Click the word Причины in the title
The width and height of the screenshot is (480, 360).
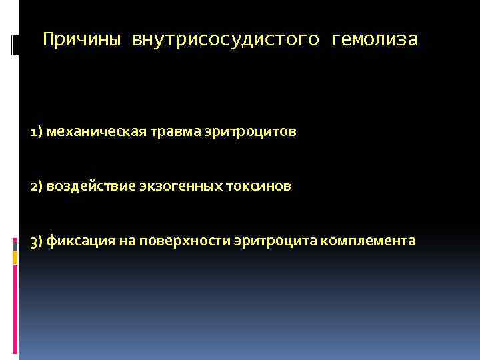[82, 41]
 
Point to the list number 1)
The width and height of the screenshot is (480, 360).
[37, 132]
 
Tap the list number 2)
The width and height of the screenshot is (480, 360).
[37, 187]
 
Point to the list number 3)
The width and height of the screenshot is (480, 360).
[37, 241]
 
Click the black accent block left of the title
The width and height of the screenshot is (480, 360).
[15, 45]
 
